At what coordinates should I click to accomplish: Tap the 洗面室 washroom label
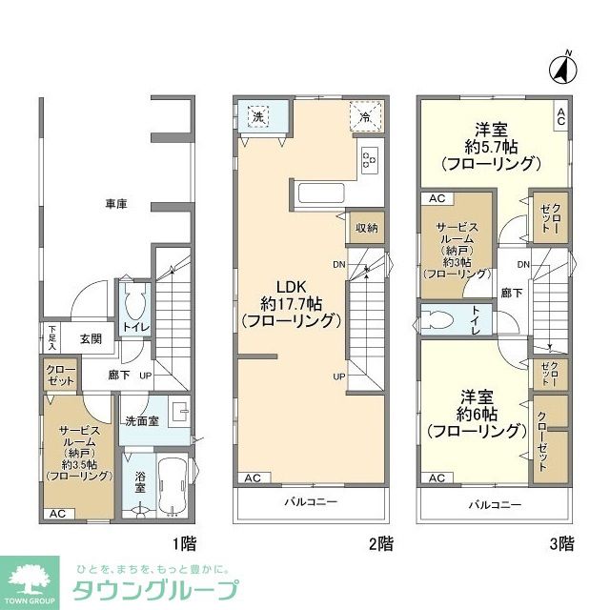(141, 420)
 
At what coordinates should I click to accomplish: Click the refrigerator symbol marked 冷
(366, 116)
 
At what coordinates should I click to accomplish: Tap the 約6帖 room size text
(477, 414)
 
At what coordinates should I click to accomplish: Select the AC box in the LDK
(253, 478)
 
